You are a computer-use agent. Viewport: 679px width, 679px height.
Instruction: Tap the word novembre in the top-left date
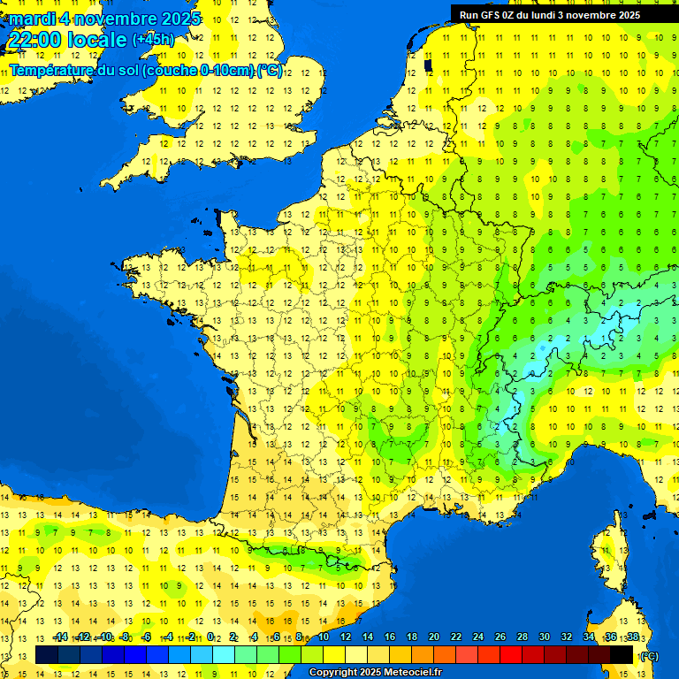(x=113, y=19)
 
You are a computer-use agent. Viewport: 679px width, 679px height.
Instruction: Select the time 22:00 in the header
(x=34, y=40)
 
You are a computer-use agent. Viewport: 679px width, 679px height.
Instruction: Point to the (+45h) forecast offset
(x=153, y=40)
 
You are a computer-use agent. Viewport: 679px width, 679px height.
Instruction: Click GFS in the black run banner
(x=489, y=15)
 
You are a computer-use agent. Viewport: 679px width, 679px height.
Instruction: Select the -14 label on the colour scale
(x=60, y=637)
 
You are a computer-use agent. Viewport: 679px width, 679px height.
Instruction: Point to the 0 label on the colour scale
(x=210, y=637)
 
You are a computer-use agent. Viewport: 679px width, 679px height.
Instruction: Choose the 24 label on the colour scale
(x=478, y=637)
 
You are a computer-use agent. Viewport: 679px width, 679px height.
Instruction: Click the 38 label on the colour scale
(x=632, y=637)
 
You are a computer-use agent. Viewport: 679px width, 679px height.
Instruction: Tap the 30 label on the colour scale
(x=545, y=637)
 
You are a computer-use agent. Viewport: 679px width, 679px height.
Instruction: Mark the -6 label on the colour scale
(x=146, y=637)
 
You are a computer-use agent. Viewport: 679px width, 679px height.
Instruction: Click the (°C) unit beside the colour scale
(x=650, y=655)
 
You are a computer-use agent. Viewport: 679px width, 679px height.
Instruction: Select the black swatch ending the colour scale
(x=622, y=655)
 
